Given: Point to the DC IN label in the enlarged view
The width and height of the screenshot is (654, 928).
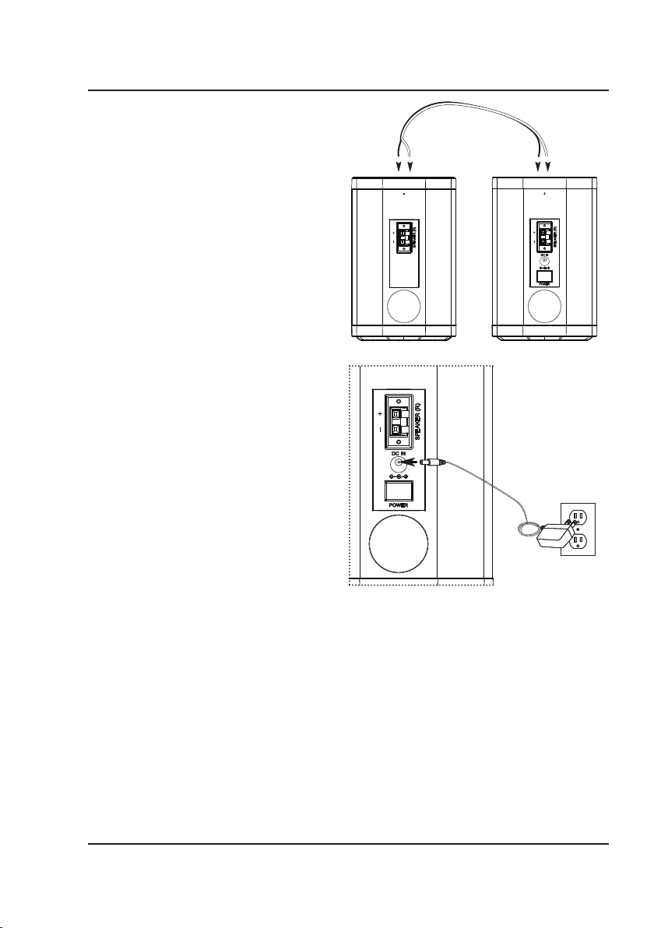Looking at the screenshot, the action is [x=390, y=453].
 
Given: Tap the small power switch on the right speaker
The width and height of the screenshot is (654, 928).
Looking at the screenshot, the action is [x=545, y=275].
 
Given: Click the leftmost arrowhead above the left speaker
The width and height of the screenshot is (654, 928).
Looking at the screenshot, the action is [x=399, y=167].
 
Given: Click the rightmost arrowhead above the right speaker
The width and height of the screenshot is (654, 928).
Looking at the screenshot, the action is [x=549, y=167].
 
